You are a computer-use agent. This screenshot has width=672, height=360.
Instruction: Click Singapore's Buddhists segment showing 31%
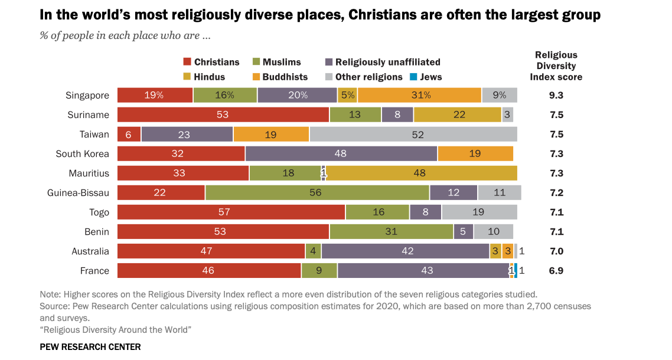pyautogui.click(x=419, y=95)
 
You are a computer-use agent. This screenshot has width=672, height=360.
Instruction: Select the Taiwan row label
pyautogui.click(x=94, y=134)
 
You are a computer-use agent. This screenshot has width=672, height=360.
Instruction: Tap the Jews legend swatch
pyautogui.click(x=414, y=77)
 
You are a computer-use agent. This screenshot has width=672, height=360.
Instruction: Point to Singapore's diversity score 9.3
pyautogui.click(x=556, y=95)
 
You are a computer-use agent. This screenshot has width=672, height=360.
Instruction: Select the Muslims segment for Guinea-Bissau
pyautogui.click(x=317, y=192)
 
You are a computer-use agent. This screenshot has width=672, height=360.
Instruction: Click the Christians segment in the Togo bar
pyautogui.click(x=231, y=212)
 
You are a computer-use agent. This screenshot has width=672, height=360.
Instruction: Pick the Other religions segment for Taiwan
pyautogui.click(x=413, y=134)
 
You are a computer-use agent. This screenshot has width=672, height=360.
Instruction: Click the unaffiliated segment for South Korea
pyautogui.click(x=341, y=153)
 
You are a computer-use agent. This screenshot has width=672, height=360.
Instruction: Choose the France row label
pyautogui.click(x=94, y=270)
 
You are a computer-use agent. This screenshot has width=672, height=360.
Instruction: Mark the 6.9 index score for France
pyautogui.click(x=556, y=270)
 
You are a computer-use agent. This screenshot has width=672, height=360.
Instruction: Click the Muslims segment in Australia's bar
pyautogui.click(x=313, y=251)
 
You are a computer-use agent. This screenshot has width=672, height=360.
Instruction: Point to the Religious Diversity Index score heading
pyautogui.click(x=556, y=66)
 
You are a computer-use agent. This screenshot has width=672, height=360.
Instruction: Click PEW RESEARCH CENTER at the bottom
pyautogui.click(x=90, y=347)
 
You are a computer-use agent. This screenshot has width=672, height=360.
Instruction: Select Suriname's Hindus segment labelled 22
pyautogui.click(x=458, y=114)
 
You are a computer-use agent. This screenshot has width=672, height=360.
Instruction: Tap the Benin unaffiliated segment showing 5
pyautogui.click(x=464, y=231)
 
